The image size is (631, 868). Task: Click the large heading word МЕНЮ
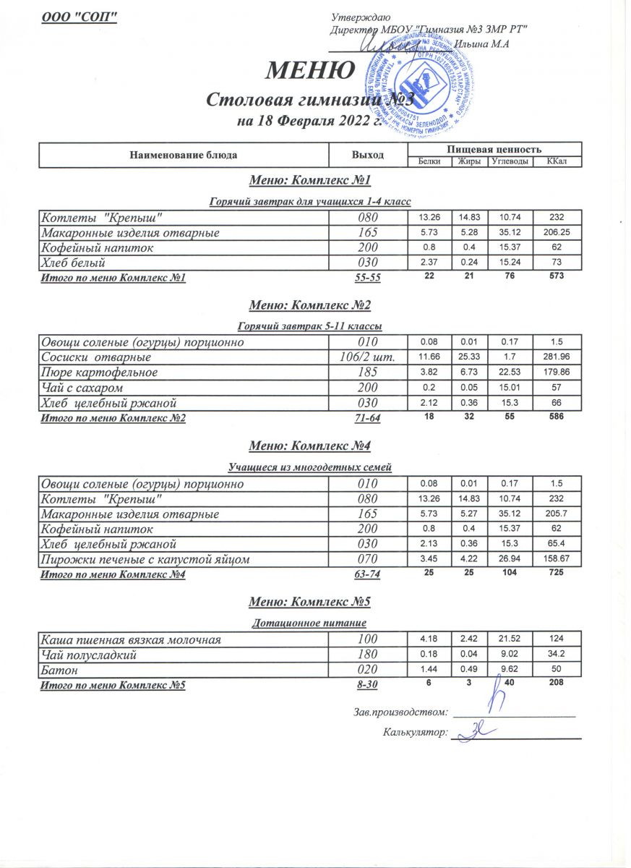coord(311,70)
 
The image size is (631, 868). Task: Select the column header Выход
coord(367,155)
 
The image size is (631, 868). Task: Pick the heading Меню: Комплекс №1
coord(309,180)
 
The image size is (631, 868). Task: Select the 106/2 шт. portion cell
coord(367,357)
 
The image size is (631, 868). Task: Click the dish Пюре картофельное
coord(99,373)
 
